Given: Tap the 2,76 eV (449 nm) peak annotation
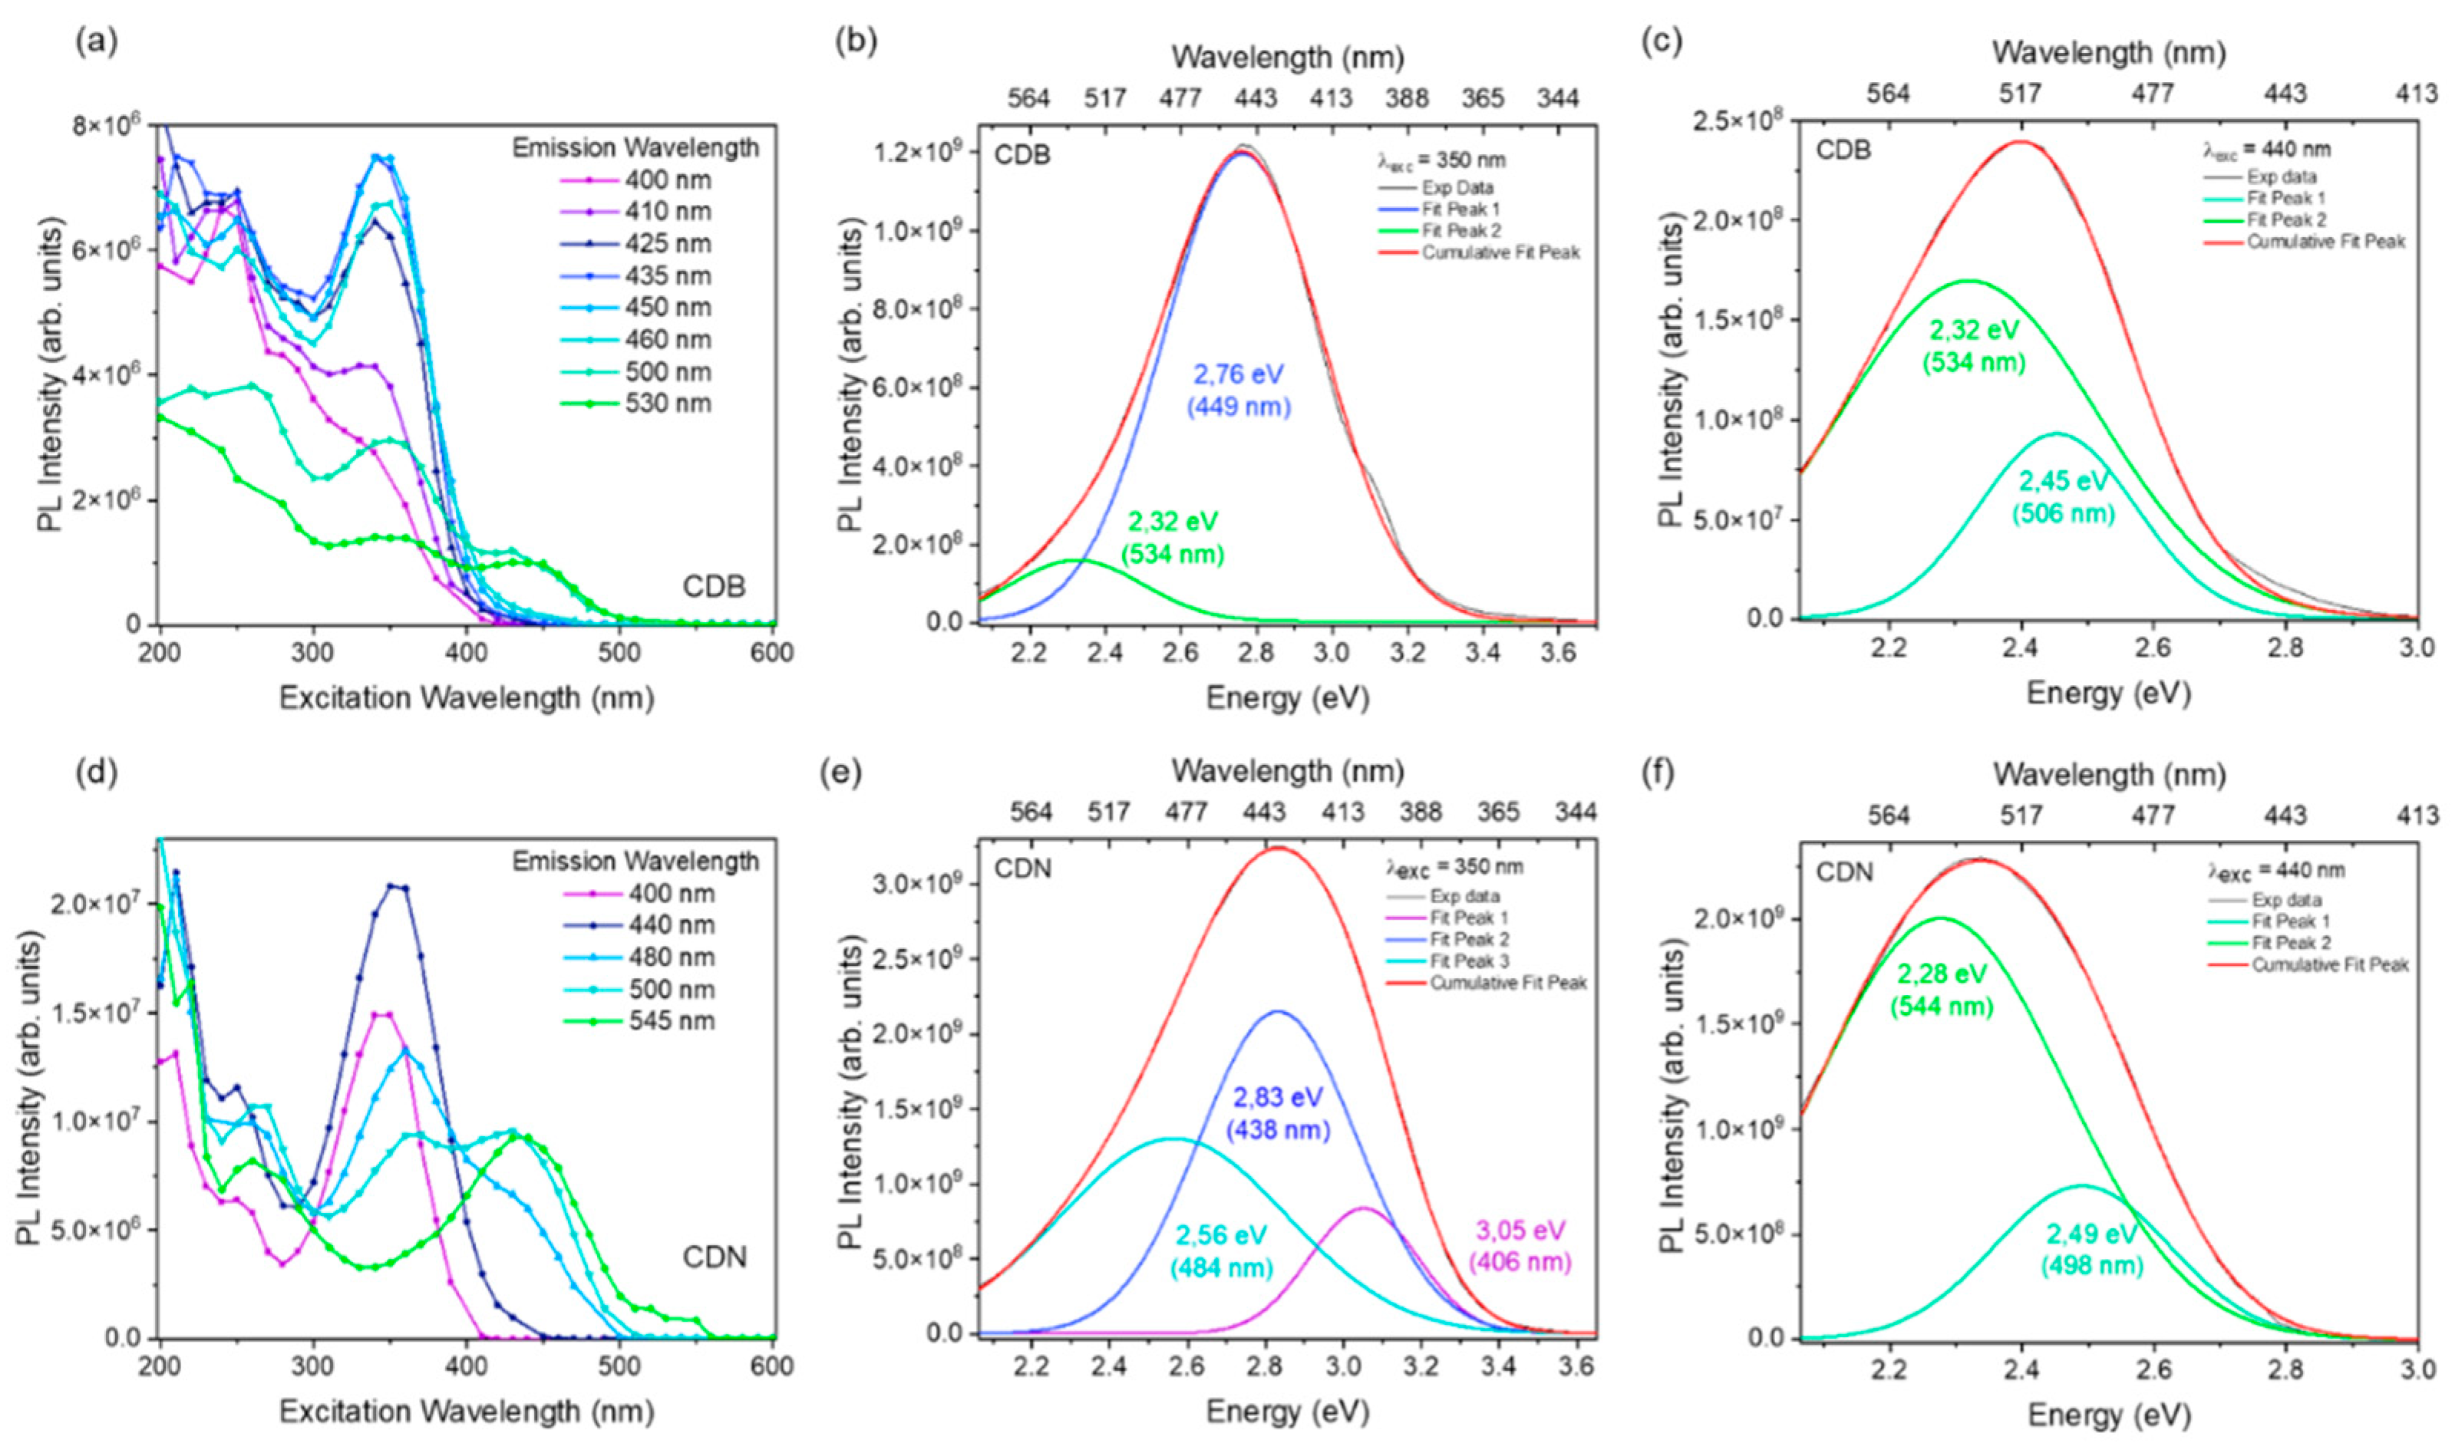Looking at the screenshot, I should (x=1238, y=390).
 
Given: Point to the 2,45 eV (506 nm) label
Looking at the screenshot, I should (x=2063, y=496).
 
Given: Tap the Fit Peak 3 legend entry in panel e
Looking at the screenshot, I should (x=1470, y=960).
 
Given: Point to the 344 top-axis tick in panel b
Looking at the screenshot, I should (x=1558, y=98).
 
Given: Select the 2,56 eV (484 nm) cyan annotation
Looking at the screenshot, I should (x=1220, y=1252).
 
